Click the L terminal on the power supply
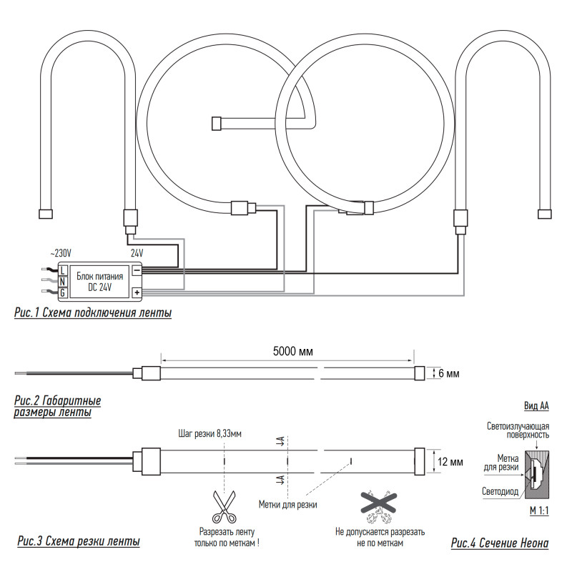tap(63, 270)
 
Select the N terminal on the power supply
tap(63, 281)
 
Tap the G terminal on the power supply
tap(63, 292)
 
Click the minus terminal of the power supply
tap(137, 270)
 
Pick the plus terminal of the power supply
tap(137, 292)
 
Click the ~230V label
tap(60, 253)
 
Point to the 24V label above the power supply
tap(137, 253)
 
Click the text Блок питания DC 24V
tap(99, 282)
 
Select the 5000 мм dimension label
tap(293, 351)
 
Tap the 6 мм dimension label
tap(449, 373)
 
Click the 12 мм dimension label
tap(450, 462)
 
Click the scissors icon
tap(224, 507)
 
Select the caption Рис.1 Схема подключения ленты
tap(93, 313)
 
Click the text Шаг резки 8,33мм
tap(209, 434)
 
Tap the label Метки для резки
tap(288, 505)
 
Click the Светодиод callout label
tap(500, 491)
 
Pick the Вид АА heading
tap(536, 405)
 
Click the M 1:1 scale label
tap(539, 511)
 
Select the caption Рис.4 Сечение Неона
tap(500, 543)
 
